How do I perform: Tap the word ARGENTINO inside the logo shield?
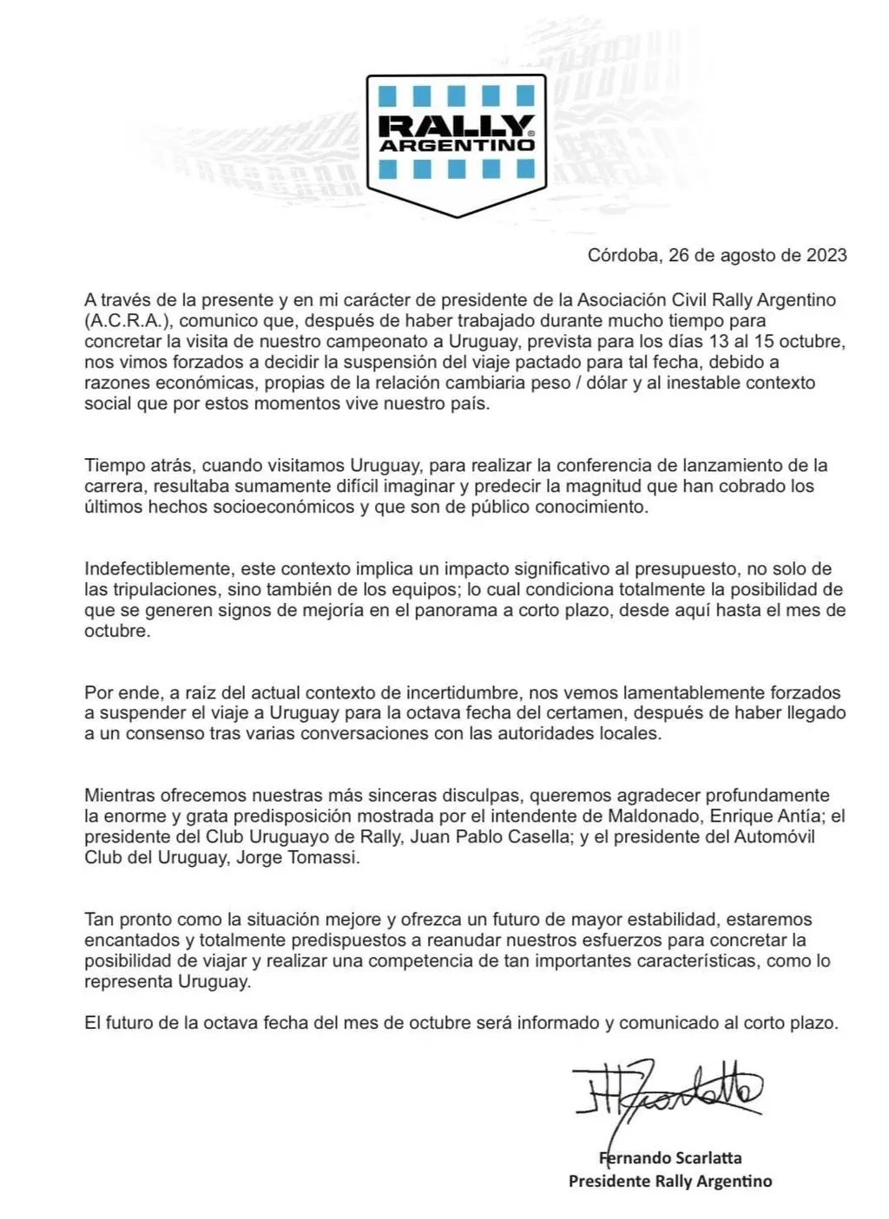[457, 146]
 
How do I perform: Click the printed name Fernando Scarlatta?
[669, 1157]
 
